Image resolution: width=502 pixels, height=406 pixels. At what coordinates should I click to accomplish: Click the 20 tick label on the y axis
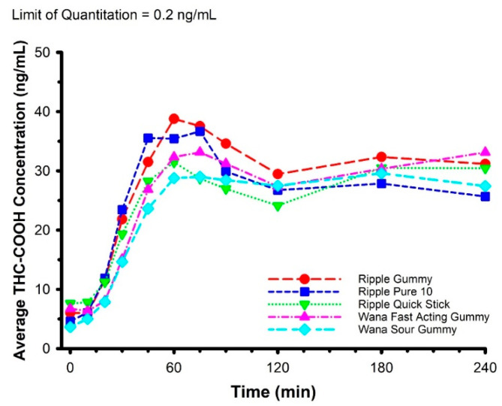49,230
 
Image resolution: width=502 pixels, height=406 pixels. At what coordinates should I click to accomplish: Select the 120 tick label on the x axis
278,368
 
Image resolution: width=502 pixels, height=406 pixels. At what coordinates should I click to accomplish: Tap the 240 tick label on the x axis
485,368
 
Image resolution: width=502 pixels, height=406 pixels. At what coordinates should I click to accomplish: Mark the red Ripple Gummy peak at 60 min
174,119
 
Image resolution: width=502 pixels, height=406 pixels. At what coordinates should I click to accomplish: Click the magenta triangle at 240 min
485,153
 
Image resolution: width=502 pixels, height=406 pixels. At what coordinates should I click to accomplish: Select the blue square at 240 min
485,196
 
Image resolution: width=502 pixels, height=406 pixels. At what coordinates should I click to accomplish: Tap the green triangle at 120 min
278,206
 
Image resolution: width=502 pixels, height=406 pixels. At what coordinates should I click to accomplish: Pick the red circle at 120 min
278,174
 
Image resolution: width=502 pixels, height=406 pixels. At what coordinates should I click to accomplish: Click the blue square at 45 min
148,138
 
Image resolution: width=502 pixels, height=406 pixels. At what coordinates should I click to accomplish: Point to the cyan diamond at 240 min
485,186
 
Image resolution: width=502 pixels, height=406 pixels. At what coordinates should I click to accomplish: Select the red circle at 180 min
381,157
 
